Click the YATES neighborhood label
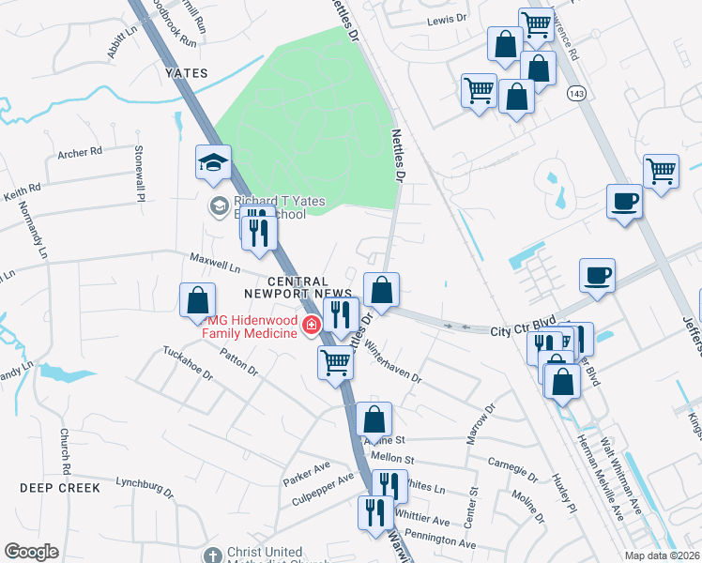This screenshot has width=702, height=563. pos(185,72)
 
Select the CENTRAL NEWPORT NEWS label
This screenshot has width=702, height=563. pos(298,287)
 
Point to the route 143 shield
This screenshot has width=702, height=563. pos(576,93)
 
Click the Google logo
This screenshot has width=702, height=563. pos(31,552)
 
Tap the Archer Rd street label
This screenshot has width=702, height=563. pos(79,153)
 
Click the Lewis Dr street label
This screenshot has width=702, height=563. pos(447,19)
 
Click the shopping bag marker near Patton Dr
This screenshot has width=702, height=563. pos(198,301)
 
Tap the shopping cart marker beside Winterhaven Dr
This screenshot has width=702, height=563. pos(335,361)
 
